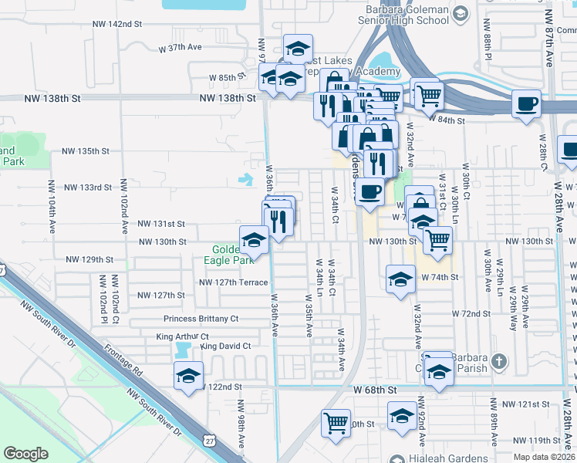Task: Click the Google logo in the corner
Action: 25,454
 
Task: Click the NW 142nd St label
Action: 116,25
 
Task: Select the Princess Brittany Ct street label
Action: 201,319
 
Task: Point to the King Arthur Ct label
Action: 183,337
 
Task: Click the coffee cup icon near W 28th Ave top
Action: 526,103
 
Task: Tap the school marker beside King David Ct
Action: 188,376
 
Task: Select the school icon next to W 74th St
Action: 400,279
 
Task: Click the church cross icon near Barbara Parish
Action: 500,361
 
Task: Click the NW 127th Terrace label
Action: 234,282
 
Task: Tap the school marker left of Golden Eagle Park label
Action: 254,240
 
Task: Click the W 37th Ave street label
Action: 180,47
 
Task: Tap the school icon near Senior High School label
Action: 460,13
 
